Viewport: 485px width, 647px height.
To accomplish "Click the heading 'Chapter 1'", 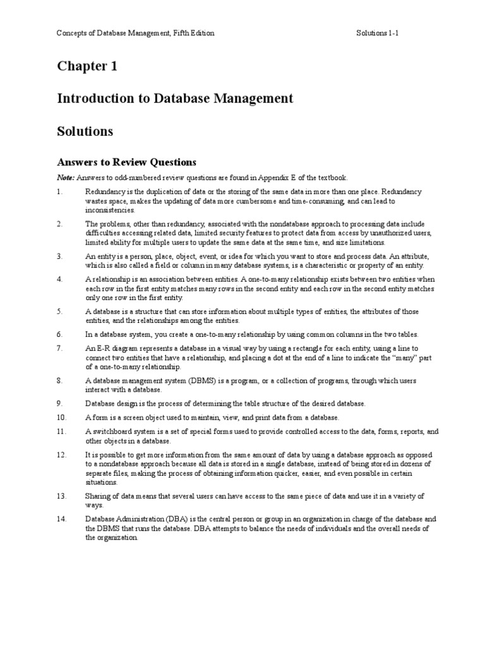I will click(87, 66).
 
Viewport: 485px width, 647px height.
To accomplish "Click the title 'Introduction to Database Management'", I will click(175, 99).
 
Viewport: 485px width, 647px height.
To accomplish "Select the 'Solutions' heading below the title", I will click(85, 131).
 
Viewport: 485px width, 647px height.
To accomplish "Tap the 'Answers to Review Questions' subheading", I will click(127, 162).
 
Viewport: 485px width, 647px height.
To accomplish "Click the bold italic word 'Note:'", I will click(66, 178).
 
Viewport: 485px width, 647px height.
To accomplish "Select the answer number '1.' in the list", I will click(60, 191).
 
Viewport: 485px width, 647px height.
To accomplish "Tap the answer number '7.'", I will click(60, 348).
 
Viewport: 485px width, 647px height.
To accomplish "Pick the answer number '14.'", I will click(61, 519).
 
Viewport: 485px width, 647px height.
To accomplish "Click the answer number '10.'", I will click(61, 418).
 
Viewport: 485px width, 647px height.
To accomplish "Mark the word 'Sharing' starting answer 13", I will click(98, 496).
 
